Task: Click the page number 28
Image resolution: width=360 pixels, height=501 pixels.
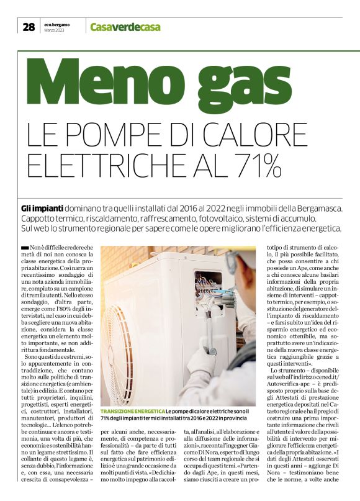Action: (x=29, y=27)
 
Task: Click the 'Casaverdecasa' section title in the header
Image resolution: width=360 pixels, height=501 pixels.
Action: (x=125, y=27)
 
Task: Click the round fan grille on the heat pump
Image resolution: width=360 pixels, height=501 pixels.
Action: (x=120, y=340)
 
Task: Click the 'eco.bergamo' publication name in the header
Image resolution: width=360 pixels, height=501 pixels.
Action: (x=56, y=24)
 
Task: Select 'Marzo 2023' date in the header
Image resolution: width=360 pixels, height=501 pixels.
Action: (x=55, y=30)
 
